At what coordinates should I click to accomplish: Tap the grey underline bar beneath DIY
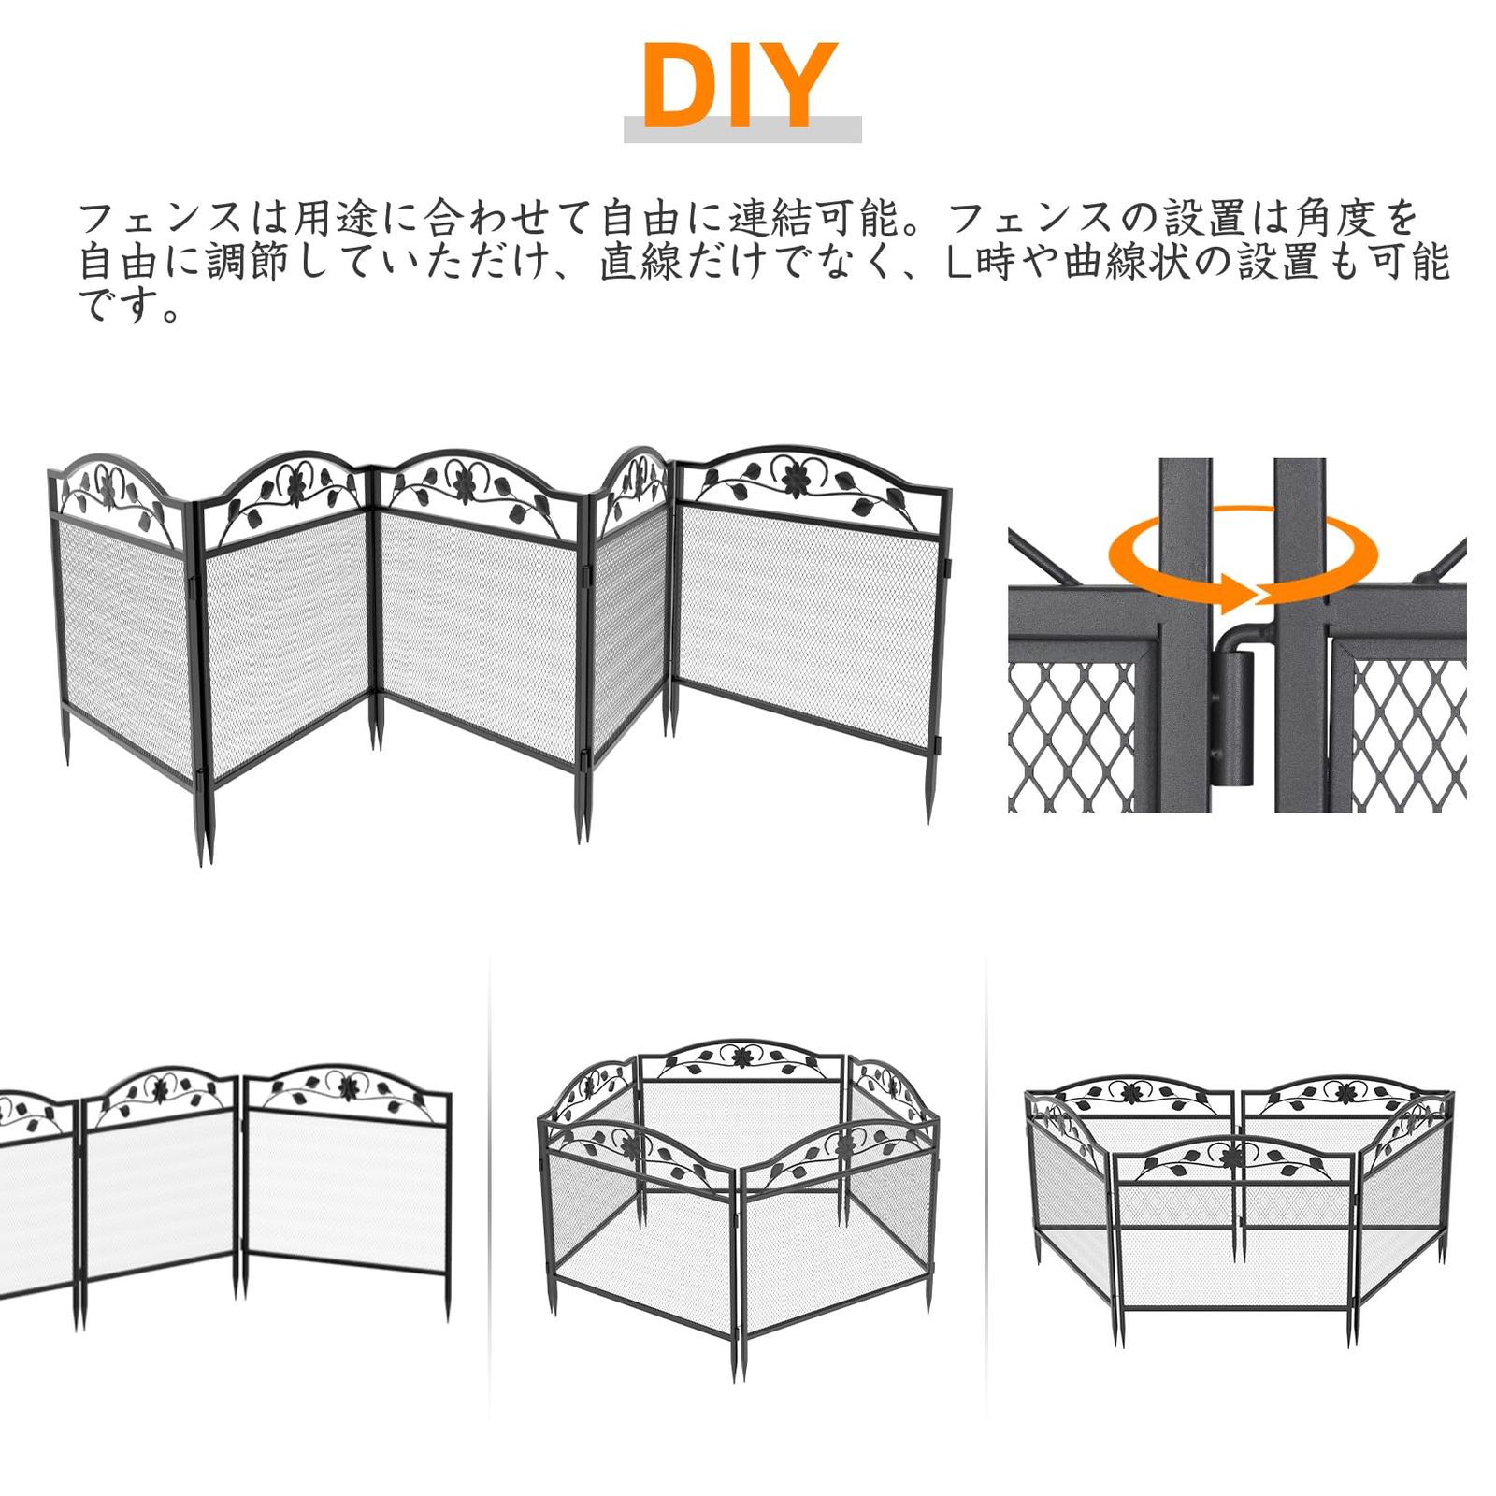click(x=742, y=130)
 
